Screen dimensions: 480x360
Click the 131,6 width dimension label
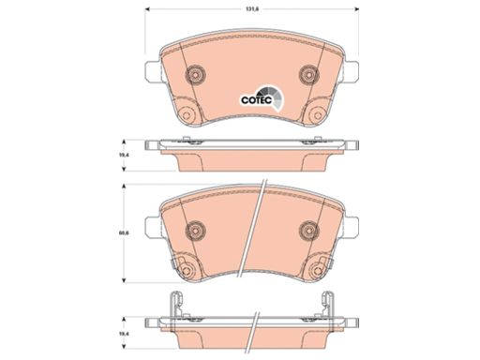(250, 9)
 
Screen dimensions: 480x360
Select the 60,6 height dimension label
(126, 232)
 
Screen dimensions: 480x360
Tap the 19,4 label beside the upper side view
(126, 155)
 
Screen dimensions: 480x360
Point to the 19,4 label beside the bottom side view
(126, 334)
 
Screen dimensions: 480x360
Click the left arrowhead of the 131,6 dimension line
(148, 9)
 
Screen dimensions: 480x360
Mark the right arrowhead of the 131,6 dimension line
(355, 9)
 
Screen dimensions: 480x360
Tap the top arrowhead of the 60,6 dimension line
(124, 187)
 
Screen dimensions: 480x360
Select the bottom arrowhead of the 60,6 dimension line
(124, 280)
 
